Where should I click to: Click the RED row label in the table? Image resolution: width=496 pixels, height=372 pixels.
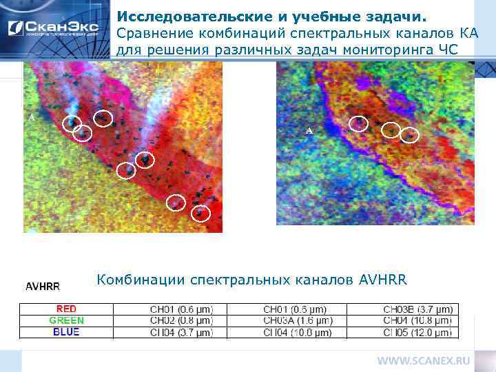click(66, 309)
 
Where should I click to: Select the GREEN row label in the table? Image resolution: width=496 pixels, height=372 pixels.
click(66, 320)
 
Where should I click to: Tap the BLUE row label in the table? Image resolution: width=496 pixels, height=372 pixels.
click(66, 332)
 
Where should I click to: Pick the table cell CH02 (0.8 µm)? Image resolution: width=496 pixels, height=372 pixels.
click(182, 320)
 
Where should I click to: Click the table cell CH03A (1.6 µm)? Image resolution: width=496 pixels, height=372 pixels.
click(298, 320)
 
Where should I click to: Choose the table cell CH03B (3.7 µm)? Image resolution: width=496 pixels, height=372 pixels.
click(418, 309)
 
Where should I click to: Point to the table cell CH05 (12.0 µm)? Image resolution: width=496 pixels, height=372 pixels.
click(418, 332)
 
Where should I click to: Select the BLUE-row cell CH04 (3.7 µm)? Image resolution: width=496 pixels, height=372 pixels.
click(182, 332)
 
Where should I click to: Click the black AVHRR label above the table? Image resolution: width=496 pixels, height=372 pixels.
click(43, 286)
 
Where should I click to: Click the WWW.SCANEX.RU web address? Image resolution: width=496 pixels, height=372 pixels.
click(423, 360)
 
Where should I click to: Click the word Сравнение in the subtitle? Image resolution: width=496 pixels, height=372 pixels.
click(147, 33)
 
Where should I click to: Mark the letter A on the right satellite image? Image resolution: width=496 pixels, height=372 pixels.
click(309, 130)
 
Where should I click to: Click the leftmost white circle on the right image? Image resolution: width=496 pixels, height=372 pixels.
click(358, 123)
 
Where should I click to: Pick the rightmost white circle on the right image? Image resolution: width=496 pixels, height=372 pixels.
click(410, 135)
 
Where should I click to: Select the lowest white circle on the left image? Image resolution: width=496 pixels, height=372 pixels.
click(200, 214)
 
